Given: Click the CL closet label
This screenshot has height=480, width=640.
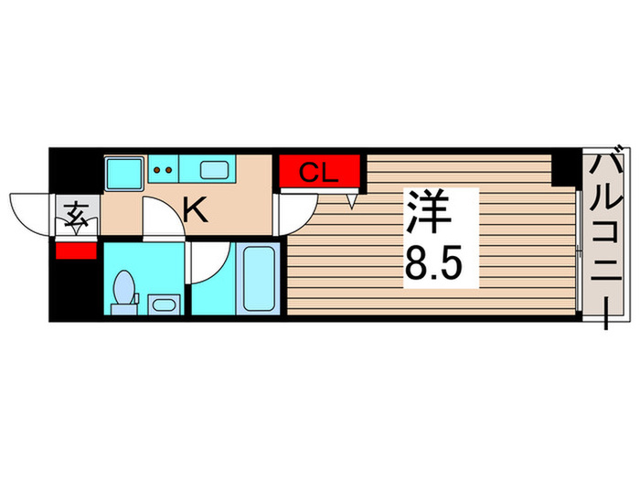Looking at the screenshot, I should point(321,172).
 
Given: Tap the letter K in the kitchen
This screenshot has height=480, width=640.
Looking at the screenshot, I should point(196,211).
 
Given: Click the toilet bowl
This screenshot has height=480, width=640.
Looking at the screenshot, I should point(124,291).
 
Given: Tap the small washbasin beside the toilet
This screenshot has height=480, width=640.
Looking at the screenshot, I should point(164,304).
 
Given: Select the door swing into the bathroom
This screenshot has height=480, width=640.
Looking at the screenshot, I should point(205,265).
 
